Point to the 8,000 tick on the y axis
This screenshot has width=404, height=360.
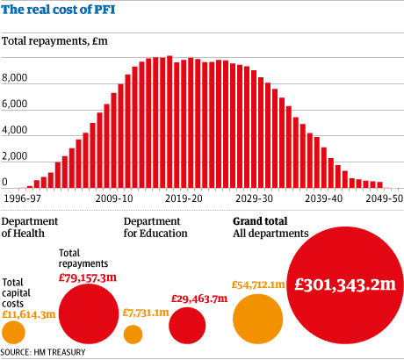click(15, 78)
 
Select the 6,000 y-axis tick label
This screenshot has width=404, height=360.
click(15, 104)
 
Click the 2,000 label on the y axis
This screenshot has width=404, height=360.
click(15, 157)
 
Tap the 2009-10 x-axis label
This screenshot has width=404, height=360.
click(115, 199)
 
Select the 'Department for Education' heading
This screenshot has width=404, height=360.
click(155, 227)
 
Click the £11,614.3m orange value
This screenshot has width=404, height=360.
click(28, 313)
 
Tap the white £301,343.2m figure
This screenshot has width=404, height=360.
click(343, 285)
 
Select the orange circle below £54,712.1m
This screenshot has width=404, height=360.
click(257, 320)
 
